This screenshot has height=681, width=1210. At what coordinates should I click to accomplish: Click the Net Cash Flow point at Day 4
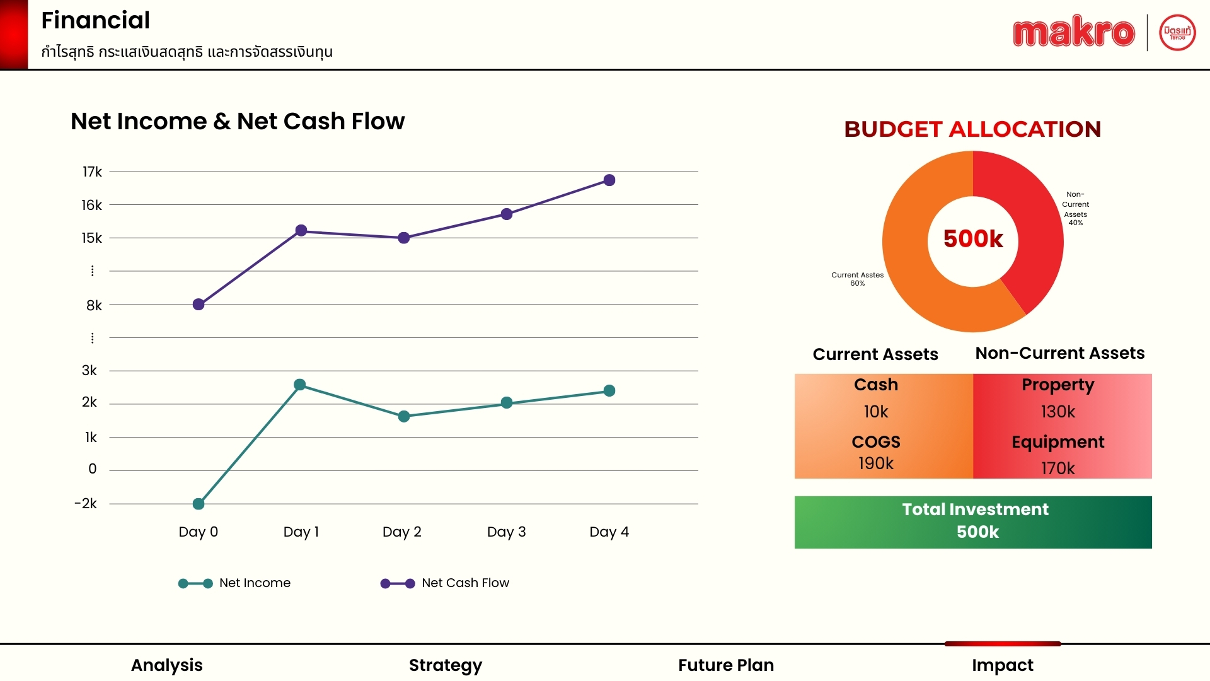tap(609, 180)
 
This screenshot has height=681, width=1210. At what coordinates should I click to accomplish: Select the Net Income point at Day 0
tap(199, 504)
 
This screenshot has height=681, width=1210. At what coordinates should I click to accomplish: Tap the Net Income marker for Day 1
tap(300, 385)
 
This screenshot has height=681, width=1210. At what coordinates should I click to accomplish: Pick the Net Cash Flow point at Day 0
tap(199, 305)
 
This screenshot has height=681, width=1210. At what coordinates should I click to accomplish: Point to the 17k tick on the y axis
tap(92, 172)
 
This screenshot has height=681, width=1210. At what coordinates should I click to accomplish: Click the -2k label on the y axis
tap(86, 503)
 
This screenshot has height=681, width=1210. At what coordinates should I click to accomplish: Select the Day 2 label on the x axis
tap(402, 532)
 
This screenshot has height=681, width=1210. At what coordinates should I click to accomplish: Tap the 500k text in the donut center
tap(973, 239)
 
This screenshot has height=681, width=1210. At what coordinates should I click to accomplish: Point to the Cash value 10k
tap(876, 412)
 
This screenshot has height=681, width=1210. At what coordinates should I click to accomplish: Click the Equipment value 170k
tap(1058, 468)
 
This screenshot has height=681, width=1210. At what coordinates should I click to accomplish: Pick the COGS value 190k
tap(876, 463)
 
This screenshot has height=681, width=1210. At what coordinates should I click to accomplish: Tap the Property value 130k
tap(1058, 412)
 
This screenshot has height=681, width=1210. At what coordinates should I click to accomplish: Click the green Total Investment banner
tap(973, 522)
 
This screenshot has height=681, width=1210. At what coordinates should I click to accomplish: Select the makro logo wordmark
tap(1074, 32)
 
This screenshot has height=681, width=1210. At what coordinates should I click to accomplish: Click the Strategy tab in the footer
tap(446, 665)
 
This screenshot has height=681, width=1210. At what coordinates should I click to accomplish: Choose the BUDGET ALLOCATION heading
tap(972, 129)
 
